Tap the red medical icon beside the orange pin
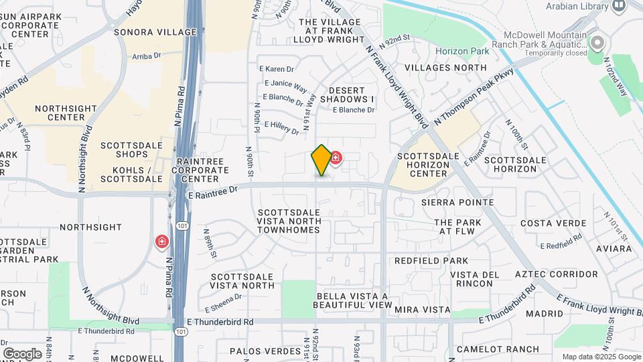point(336,158)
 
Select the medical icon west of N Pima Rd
point(161,241)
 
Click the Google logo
point(22,353)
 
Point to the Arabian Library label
point(577,6)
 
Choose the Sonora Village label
point(147,32)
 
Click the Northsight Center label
point(60,113)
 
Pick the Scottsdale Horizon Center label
point(428,165)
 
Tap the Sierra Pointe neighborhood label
point(457,202)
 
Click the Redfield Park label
point(431,260)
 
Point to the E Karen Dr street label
point(277,69)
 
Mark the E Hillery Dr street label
point(281,127)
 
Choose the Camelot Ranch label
point(498,349)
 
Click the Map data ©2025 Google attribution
point(600,357)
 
